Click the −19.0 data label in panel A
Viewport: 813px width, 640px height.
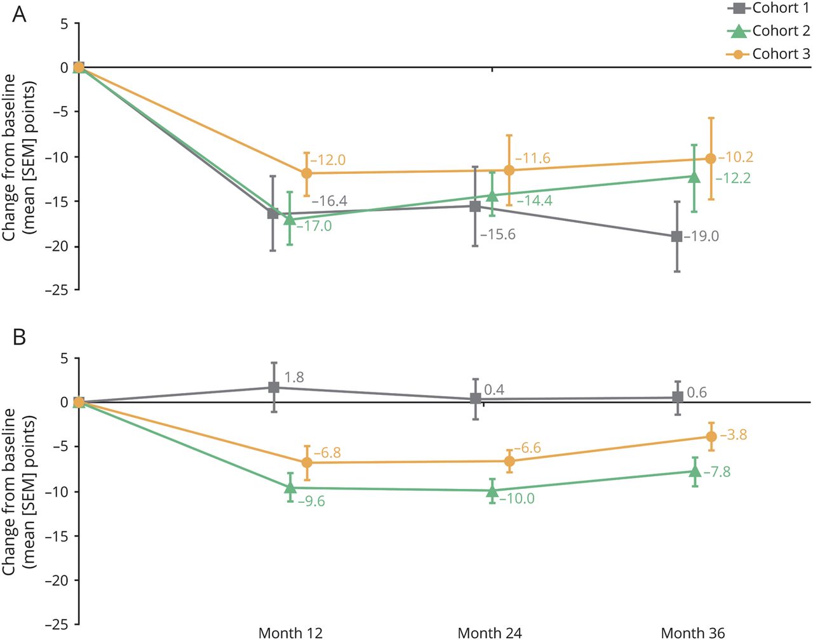[x=702, y=237]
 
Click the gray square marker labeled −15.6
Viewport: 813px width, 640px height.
[x=475, y=206]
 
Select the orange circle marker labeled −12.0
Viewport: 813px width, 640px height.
[x=307, y=173]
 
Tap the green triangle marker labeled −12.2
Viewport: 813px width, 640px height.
[x=694, y=177]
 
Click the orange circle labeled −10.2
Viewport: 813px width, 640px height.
[x=711, y=159]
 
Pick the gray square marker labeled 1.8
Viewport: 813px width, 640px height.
[x=274, y=387]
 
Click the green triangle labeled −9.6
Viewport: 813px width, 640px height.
[x=290, y=488]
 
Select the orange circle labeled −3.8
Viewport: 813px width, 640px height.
[x=711, y=436]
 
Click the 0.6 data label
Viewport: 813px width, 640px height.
[x=697, y=393]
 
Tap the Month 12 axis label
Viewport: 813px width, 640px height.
[x=290, y=632]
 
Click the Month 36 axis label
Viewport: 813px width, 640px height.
[x=692, y=632]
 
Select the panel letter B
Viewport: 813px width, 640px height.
[x=20, y=337]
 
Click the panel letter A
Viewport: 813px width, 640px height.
[x=20, y=14]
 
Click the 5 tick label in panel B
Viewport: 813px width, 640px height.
[x=64, y=358]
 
